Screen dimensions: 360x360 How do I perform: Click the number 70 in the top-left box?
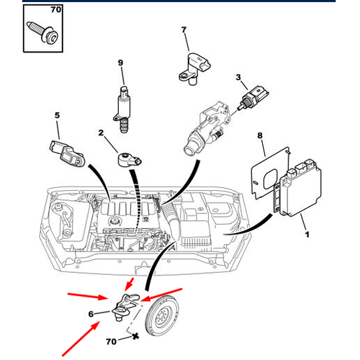(x=55, y=11)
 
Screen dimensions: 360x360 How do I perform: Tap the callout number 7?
(x=183, y=30)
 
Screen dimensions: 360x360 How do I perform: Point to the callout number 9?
(x=121, y=64)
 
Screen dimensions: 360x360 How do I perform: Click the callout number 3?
(x=238, y=77)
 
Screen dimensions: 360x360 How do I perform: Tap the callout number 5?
(x=57, y=114)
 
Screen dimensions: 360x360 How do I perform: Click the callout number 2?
(x=102, y=132)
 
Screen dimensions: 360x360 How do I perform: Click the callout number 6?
(x=91, y=314)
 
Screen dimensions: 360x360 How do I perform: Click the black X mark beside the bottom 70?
(x=134, y=338)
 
